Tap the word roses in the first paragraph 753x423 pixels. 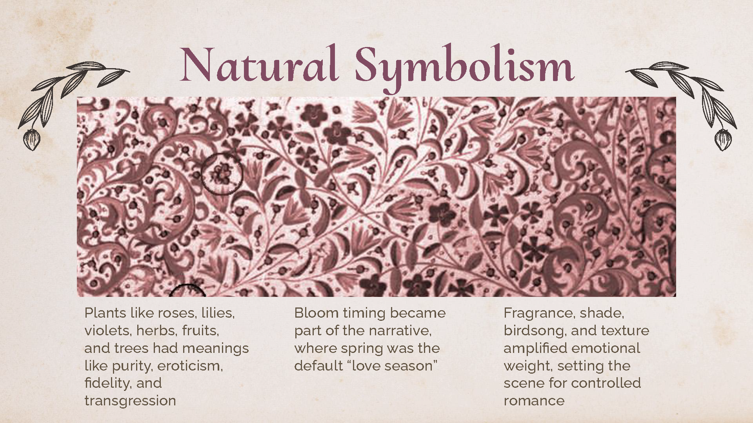(176, 313)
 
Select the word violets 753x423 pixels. (107, 331)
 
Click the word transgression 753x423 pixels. (130, 401)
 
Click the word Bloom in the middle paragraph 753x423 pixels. (316, 313)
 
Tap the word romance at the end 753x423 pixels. (534, 401)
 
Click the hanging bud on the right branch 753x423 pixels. (723, 139)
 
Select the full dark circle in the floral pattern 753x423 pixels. (222, 174)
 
